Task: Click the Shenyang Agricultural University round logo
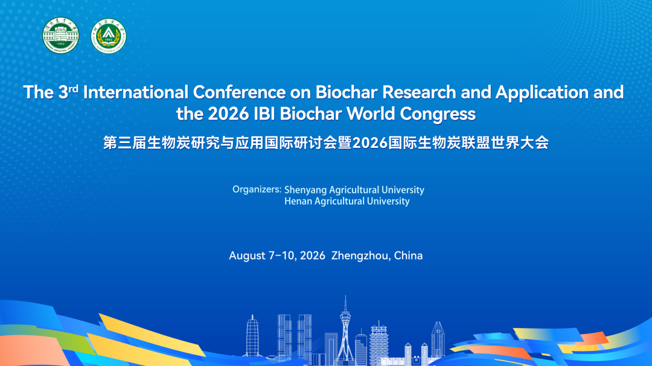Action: pos(61,36)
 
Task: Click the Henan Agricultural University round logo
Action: pos(109,36)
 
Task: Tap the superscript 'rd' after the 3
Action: pos(74,88)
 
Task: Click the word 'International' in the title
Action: pos(136,92)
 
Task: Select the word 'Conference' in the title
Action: pos(239,92)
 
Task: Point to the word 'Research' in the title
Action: pos(419,92)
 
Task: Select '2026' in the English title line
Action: pos(228,114)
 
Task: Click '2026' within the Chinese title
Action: pos(369,143)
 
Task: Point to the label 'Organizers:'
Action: pos(257,189)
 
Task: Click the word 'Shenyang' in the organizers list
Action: pos(305,190)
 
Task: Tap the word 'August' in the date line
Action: pos(247,256)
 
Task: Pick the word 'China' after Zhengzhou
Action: pos(408,255)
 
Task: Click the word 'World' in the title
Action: pos(370,114)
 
